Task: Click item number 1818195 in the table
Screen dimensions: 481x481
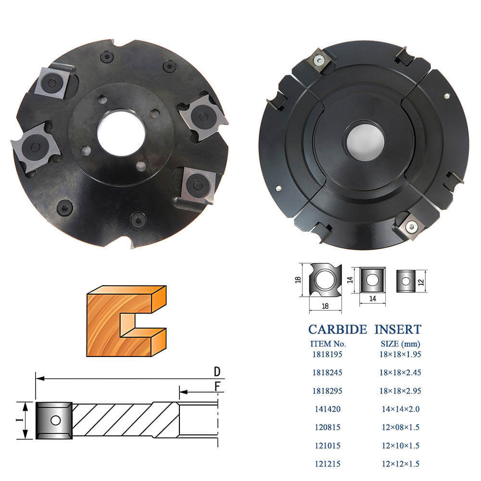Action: tap(327, 354)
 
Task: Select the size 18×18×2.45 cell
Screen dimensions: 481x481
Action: tap(400, 372)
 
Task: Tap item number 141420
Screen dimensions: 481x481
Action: tap(328, 409)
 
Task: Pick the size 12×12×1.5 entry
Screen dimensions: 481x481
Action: tap(401, 464)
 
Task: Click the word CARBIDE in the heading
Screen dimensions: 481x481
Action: tap(338, 329)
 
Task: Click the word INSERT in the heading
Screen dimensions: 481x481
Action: tap(398, 329)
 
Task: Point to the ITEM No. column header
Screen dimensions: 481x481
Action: tap(328, 344)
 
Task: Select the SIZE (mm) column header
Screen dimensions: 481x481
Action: tap(400, 344)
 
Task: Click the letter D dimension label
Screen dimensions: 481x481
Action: tap(217, 371)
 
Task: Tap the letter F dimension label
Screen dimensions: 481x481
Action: tap(217, 387)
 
